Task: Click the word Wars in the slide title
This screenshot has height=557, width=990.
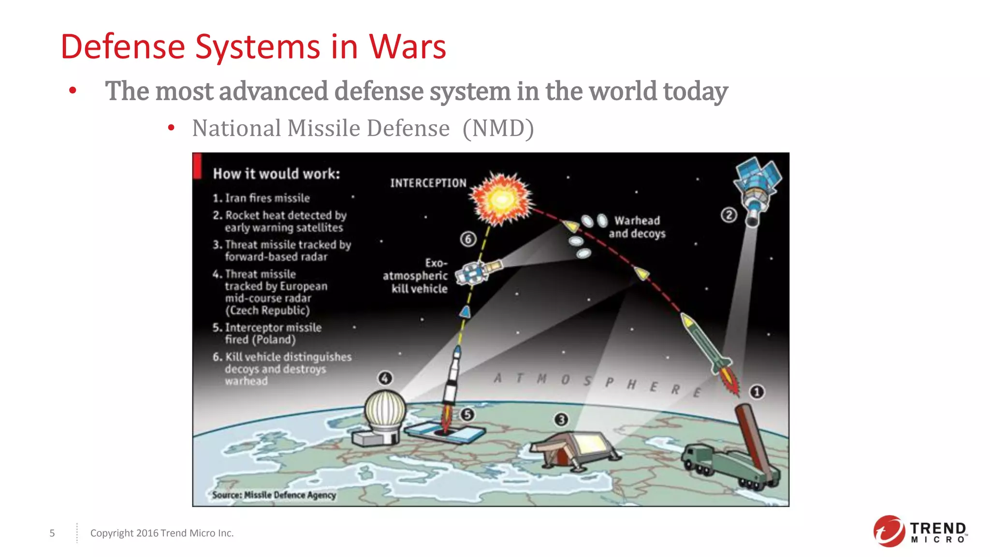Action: click(408, 47)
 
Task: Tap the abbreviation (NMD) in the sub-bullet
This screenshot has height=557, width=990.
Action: click(498, 129)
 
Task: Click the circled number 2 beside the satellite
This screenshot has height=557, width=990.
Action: click(729, 215)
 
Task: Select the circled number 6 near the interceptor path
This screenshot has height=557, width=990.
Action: click(468, 239)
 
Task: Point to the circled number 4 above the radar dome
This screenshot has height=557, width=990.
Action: click(385, 378)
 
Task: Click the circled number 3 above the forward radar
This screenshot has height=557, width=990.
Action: click(561, 420)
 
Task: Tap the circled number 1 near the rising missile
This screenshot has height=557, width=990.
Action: click(757, 392)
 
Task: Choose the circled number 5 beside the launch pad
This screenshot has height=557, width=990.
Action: click(467, 414)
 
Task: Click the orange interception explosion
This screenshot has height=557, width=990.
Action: click(502, 198)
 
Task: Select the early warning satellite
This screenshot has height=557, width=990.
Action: click(757, 189)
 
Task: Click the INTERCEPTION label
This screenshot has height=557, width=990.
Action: click(428, 183)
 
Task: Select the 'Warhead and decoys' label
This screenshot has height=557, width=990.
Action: click(637, 227)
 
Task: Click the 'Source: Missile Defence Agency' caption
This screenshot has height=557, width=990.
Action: click(274, 495)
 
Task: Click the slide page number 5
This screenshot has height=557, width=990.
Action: click(52, 533)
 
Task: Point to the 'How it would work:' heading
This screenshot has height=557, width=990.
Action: click(277, 174)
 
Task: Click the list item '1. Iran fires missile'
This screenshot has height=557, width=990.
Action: click(262, 198)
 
